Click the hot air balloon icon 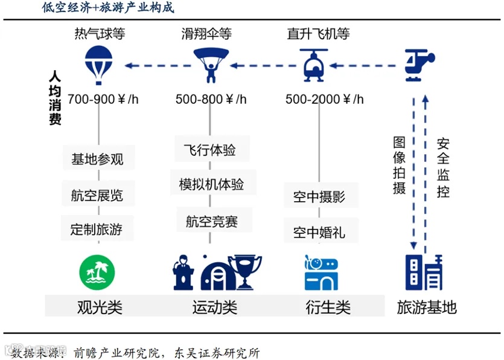tap(99, 65)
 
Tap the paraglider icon tap(211, 64)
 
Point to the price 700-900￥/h tap(103, 99)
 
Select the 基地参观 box tap(98, 159)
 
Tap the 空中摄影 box tap(319, 196)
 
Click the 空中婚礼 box tap(319, 232)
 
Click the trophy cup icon tap(248, 272)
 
